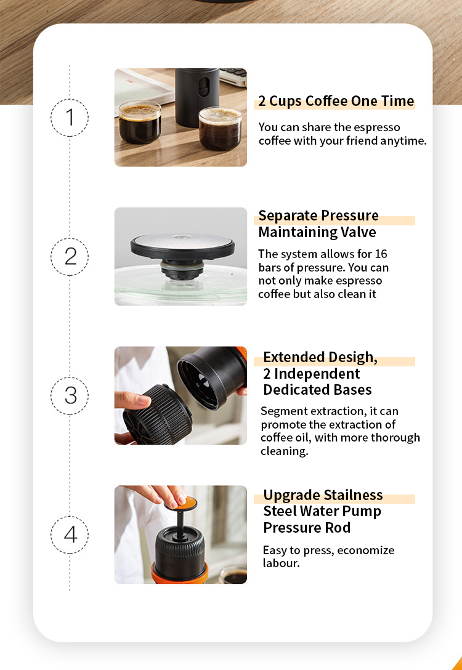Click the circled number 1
click(70, 117)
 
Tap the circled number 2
click(70, 256)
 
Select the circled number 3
click(70, 395)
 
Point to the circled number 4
click(70, 534)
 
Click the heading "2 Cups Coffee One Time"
click(336, 101)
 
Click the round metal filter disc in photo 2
click(182, 242)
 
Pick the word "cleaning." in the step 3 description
click(284, 451)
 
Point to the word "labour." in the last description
click(281, 563)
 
